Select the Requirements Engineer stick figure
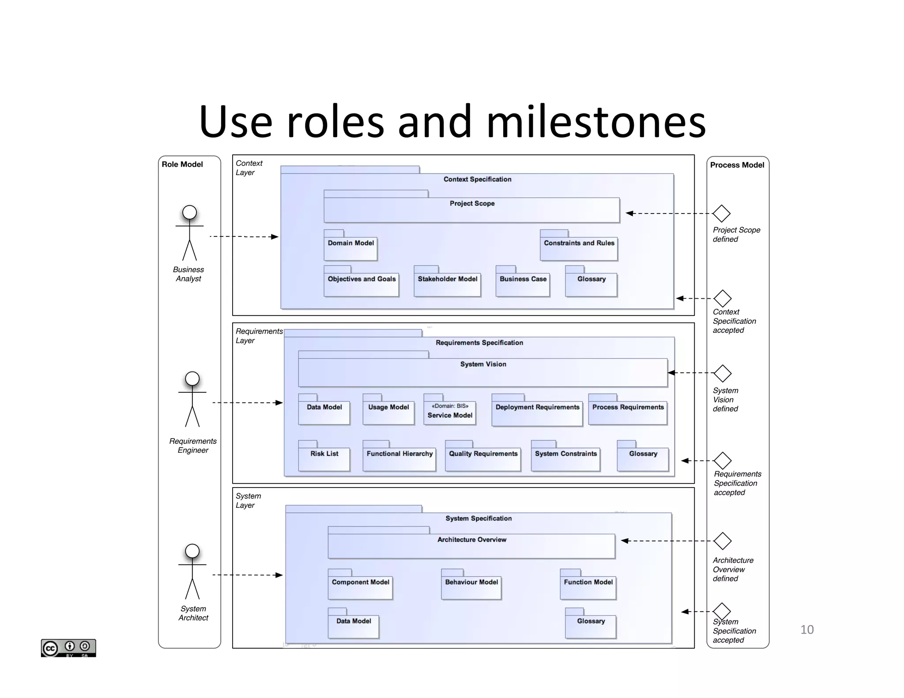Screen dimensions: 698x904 192,399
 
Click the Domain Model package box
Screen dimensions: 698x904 350,248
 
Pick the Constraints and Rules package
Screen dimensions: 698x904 579,248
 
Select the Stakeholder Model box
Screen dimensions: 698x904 447,284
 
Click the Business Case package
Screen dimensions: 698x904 523,284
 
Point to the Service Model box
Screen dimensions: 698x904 449,412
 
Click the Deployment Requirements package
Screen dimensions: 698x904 537,413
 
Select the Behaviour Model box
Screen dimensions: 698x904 471,587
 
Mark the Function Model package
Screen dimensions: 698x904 588,587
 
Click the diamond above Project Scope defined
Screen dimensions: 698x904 722,214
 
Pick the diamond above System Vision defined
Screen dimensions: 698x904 723,373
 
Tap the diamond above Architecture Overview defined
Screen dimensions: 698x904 723,541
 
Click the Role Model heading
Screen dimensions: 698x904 182,164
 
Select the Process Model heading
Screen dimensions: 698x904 737,165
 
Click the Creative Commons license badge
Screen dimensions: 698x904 68,648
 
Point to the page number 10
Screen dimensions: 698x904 806,630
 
